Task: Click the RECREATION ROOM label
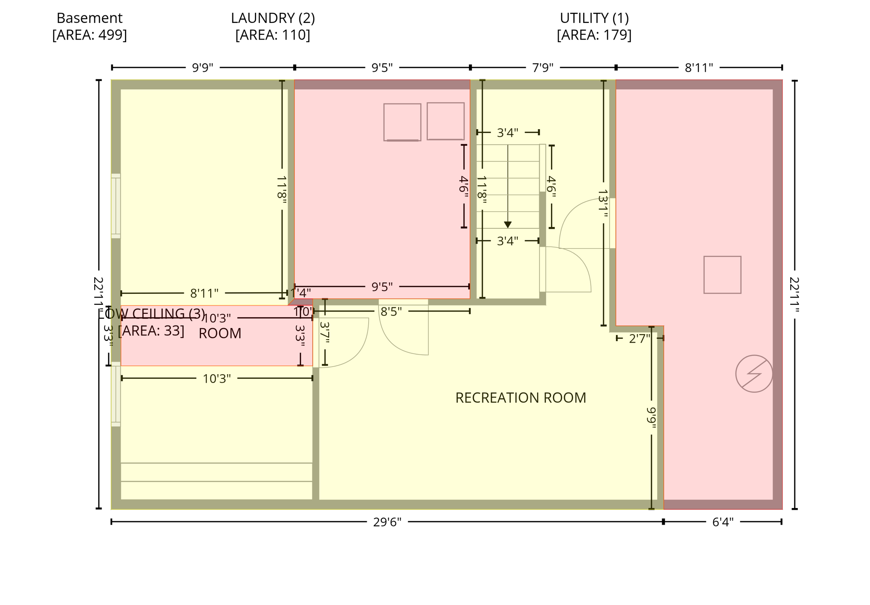(x=520, y=398)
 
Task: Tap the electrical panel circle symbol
(x=754, y=374)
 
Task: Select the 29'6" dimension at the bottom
(x=387, y=522)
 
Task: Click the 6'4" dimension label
(x=723, y=522)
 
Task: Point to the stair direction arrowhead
(x=507, y=224)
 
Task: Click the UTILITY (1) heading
(x=594, y=18)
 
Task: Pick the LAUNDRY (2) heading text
(x=273, y=18)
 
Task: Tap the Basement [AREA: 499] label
(x=89, y=26)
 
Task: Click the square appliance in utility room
(x=722, y=275)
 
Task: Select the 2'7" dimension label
(x=639, y=338)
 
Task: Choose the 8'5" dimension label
(x=391, y=312)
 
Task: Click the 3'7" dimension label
(x=325, y=332)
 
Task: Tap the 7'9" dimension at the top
(x=543, y=68)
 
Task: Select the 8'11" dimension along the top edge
(x=698, y=68)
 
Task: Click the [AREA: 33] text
(x=151, y=331)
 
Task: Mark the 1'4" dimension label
(x=301, y=293)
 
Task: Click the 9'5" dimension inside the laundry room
(x=382, y=287)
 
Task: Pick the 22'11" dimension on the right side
(x=794, y=295)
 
